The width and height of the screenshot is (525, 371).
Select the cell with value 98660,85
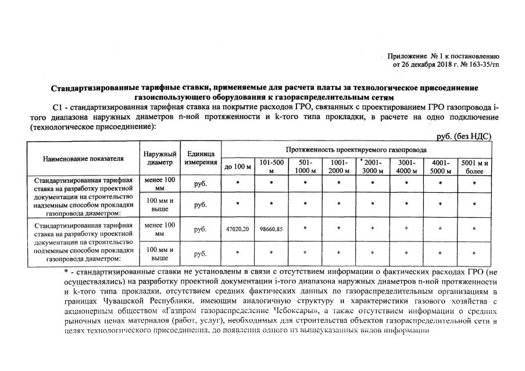point(271,229)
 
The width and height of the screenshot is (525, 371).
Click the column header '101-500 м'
point(272,166)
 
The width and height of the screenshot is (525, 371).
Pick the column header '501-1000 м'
point(305,166)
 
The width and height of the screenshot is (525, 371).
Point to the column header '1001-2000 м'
point(339,166)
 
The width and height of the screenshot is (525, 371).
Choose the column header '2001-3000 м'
point(373,166)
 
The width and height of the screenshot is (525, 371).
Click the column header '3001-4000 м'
point(407,166)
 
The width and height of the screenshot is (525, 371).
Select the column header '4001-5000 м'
point(441,166)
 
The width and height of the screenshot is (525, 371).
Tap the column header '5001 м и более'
point(474,166)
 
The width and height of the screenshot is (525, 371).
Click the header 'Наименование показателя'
point(83,158)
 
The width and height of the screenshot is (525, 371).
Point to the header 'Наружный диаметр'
point(160,158)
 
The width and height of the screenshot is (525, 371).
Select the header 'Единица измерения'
point(201,158)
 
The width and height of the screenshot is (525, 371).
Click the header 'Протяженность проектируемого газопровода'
point(356,149)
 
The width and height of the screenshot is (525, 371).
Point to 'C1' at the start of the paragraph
point(57,108)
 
